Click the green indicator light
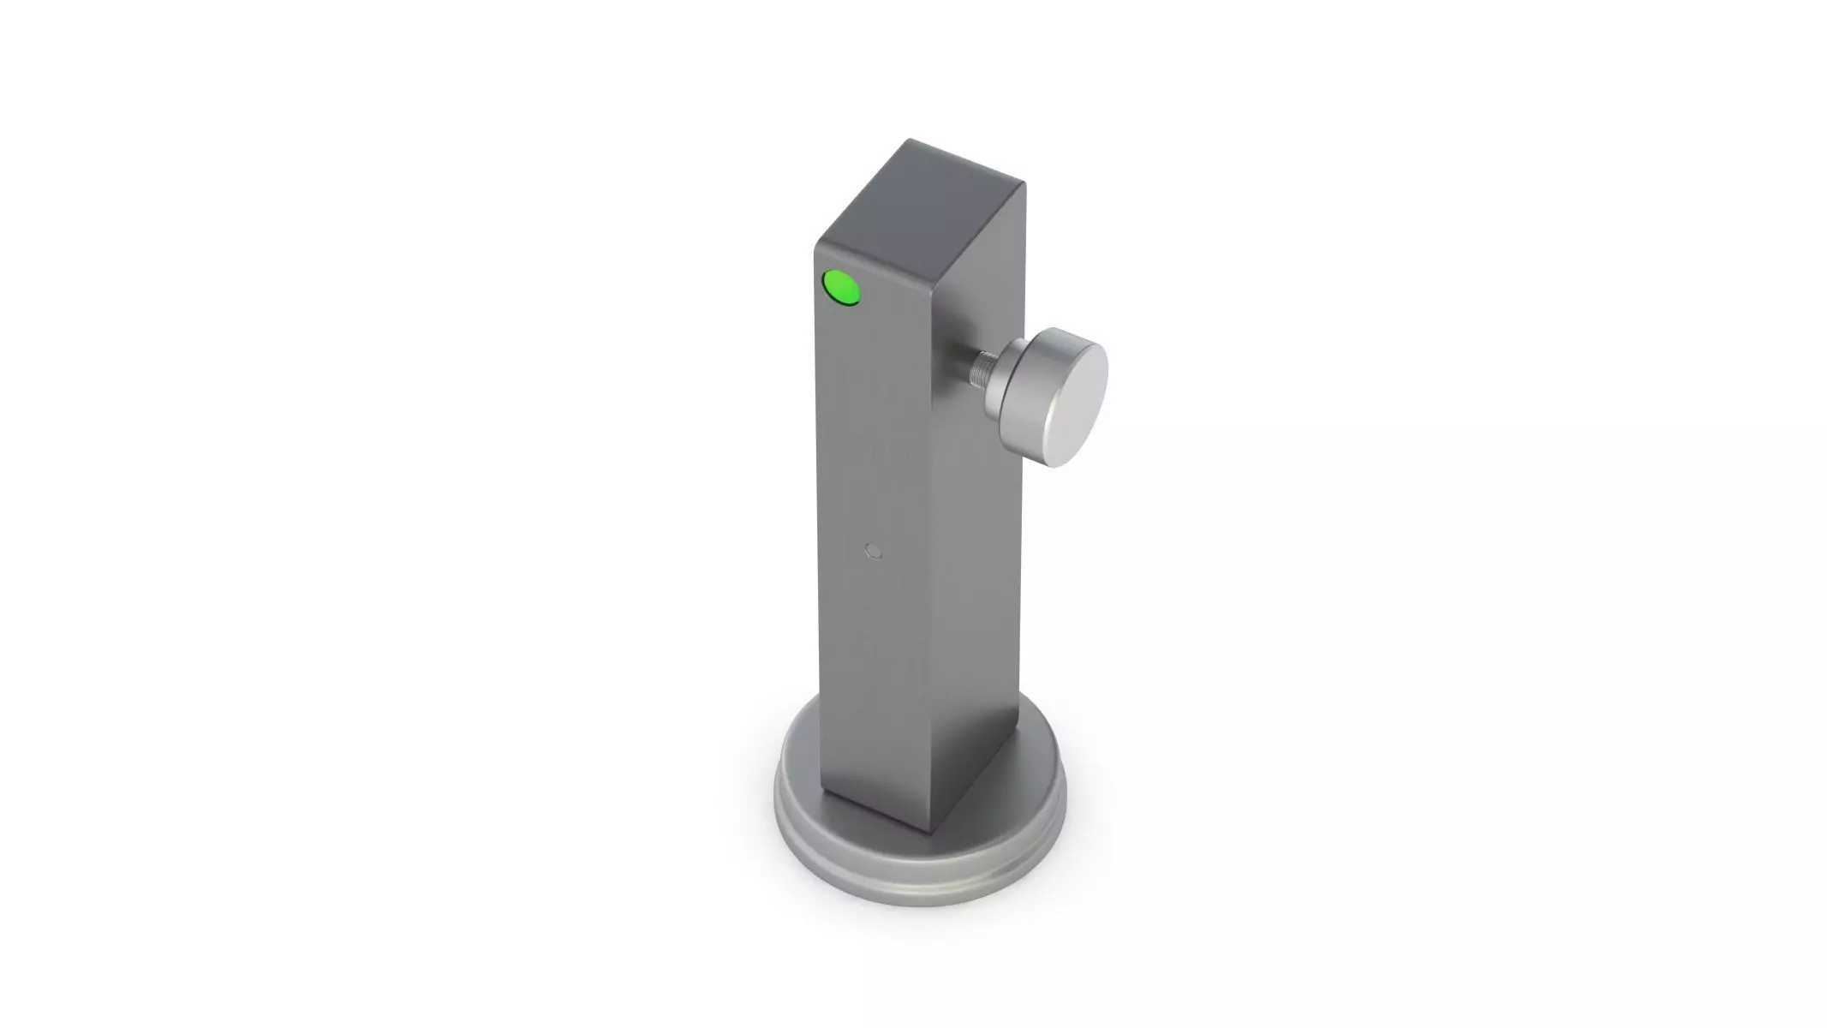point(841,287)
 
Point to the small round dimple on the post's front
point(874,550)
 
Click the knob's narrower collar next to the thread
point(999,377)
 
